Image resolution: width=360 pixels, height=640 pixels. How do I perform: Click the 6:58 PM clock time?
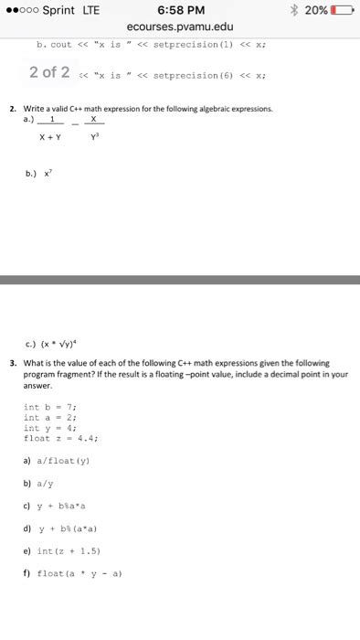tap(179, 10)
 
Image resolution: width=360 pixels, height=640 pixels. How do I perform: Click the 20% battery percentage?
tap(316, 10)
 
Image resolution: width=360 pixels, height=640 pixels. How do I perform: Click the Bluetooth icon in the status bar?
tap(293, 10)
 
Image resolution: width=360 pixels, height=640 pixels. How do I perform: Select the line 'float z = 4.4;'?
tap(64, 438)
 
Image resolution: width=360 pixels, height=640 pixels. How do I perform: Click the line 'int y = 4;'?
tap(57, 427)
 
